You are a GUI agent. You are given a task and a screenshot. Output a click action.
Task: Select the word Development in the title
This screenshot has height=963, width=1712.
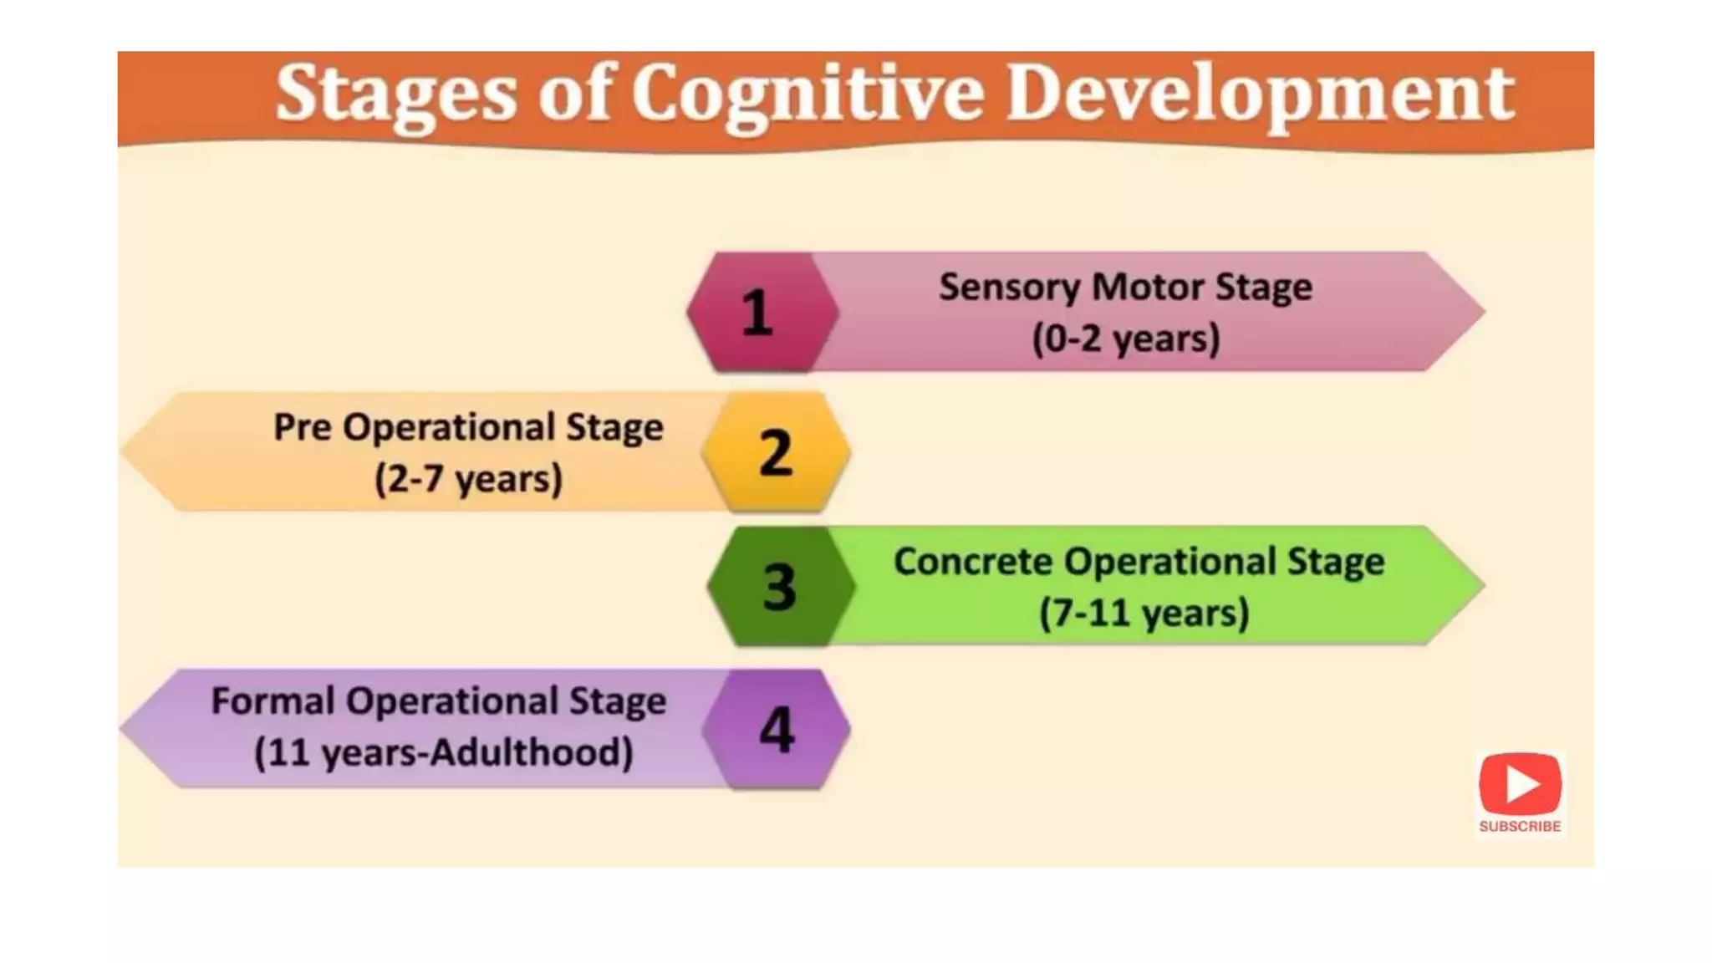[x=1259, y=94]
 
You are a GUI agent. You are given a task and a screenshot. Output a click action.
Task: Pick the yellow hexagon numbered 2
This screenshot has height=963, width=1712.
[x=776, y=452]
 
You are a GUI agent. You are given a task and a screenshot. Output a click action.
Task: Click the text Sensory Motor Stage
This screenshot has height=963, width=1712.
[x=1125, y=287]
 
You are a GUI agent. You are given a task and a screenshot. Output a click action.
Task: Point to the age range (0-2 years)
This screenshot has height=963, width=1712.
[x=1125, y=339]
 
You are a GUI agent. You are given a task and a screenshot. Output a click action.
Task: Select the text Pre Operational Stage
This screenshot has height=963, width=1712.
[x=468, y=427]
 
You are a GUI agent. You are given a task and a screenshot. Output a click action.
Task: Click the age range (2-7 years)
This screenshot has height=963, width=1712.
[x=468, y=479]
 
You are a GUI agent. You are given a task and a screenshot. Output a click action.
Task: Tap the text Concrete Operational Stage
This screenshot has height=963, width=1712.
[x=1139, y=561]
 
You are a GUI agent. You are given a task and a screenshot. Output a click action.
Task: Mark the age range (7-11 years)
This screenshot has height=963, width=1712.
[x=1144, y=613]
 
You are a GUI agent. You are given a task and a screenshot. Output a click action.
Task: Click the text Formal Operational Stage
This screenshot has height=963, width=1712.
[x=439, y=701]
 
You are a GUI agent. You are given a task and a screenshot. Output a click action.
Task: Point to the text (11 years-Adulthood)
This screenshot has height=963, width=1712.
[x=443, y=752]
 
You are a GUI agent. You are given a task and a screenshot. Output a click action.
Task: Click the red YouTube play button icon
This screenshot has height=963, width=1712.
[x=1520, y=784]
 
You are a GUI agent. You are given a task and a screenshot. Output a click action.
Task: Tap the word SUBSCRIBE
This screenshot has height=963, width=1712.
[x=1520, y=826]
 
